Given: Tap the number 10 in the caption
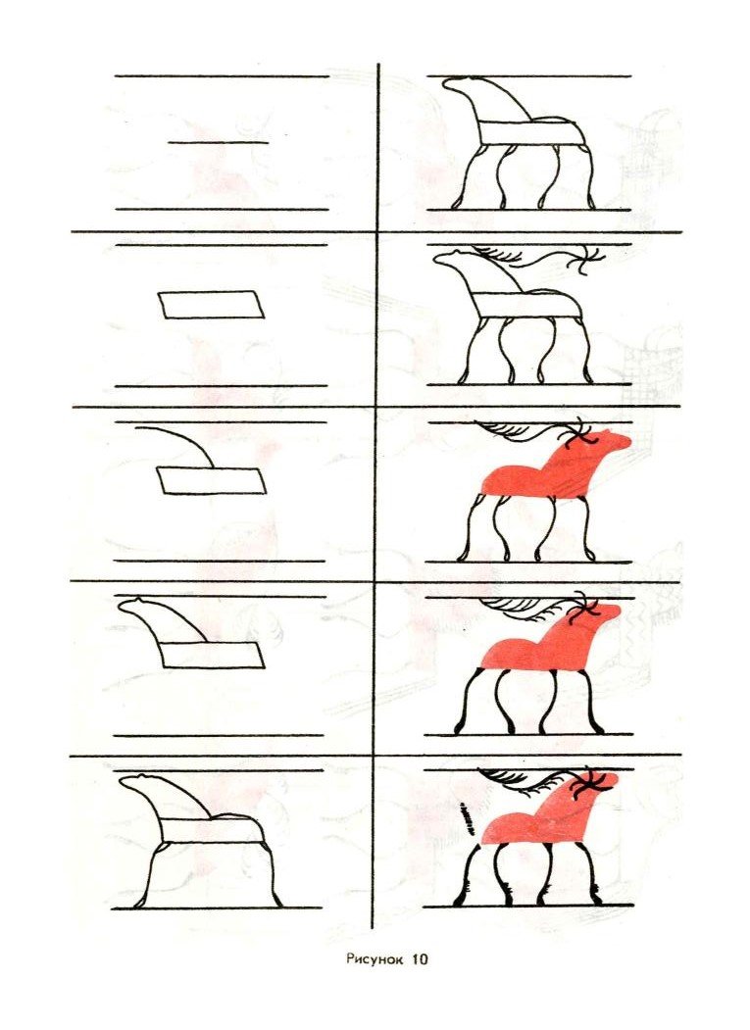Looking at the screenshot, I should tap(419, 959).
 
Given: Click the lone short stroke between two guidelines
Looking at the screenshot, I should tap(218, 143).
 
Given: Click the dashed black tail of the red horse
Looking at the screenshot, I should tap(465, 816).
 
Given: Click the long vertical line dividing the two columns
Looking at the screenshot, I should tap(377, 490).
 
